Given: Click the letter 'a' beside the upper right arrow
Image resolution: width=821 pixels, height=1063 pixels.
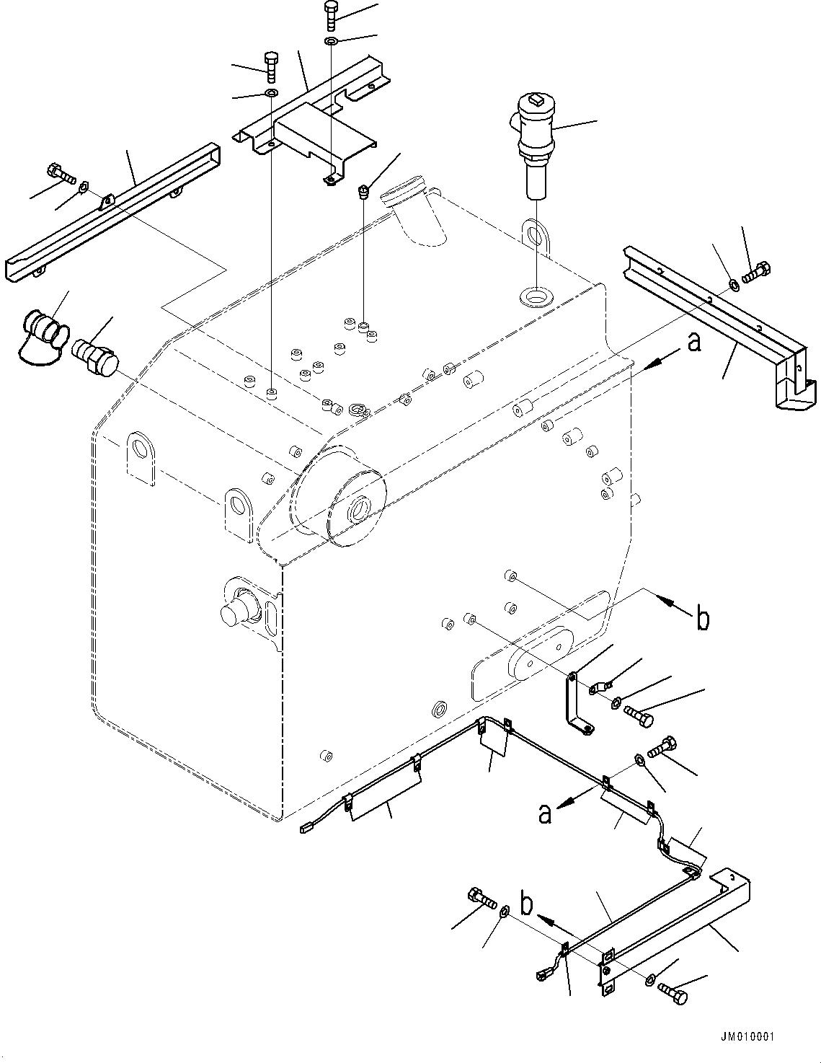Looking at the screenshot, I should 693,343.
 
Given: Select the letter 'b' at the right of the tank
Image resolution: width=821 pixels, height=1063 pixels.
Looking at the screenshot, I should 703,619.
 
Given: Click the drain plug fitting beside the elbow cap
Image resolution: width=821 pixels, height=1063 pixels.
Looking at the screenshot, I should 94,355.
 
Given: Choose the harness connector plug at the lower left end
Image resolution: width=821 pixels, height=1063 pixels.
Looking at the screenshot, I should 308,828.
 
